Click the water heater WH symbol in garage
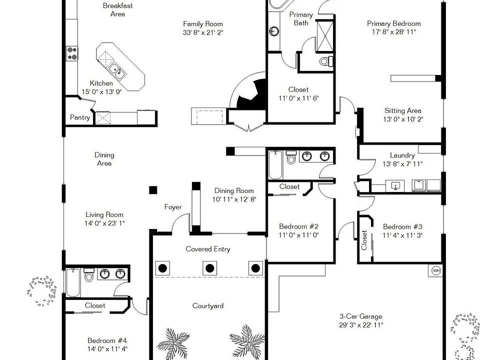[436, 270]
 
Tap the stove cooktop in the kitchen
[72, 53]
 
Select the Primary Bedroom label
[393, 23]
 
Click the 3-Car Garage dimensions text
[361, 325]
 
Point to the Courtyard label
[208, 306]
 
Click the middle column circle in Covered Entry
[209, 268]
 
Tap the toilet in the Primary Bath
[325, 61]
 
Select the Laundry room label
[402, 155]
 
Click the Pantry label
[80, 118]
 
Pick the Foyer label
[173, 207]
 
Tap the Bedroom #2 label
[298, 226]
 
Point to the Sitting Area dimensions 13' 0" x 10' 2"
[402, 119]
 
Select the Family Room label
[202, 24]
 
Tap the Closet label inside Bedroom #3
[364, 240]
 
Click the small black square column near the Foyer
[153, 190]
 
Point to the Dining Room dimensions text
[234, 199]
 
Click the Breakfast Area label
[117, 10]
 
